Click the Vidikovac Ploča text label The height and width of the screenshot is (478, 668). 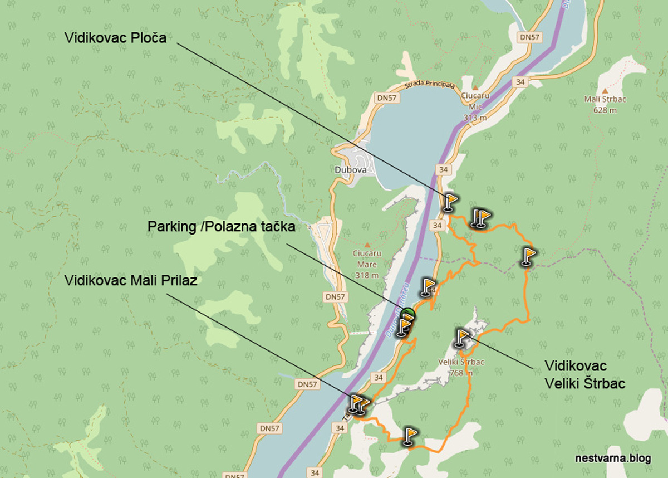point(115,38)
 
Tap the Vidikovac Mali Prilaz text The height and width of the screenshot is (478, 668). point(131,280)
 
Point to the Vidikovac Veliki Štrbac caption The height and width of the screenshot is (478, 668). point(584,374)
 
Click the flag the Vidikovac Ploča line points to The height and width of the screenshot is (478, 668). point(449,202)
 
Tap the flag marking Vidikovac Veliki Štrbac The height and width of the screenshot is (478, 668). point(463,338)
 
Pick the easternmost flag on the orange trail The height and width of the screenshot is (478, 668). point(528,256)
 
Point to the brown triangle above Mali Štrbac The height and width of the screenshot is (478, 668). point(605,90)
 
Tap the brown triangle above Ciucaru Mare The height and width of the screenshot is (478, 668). point(366,245)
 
